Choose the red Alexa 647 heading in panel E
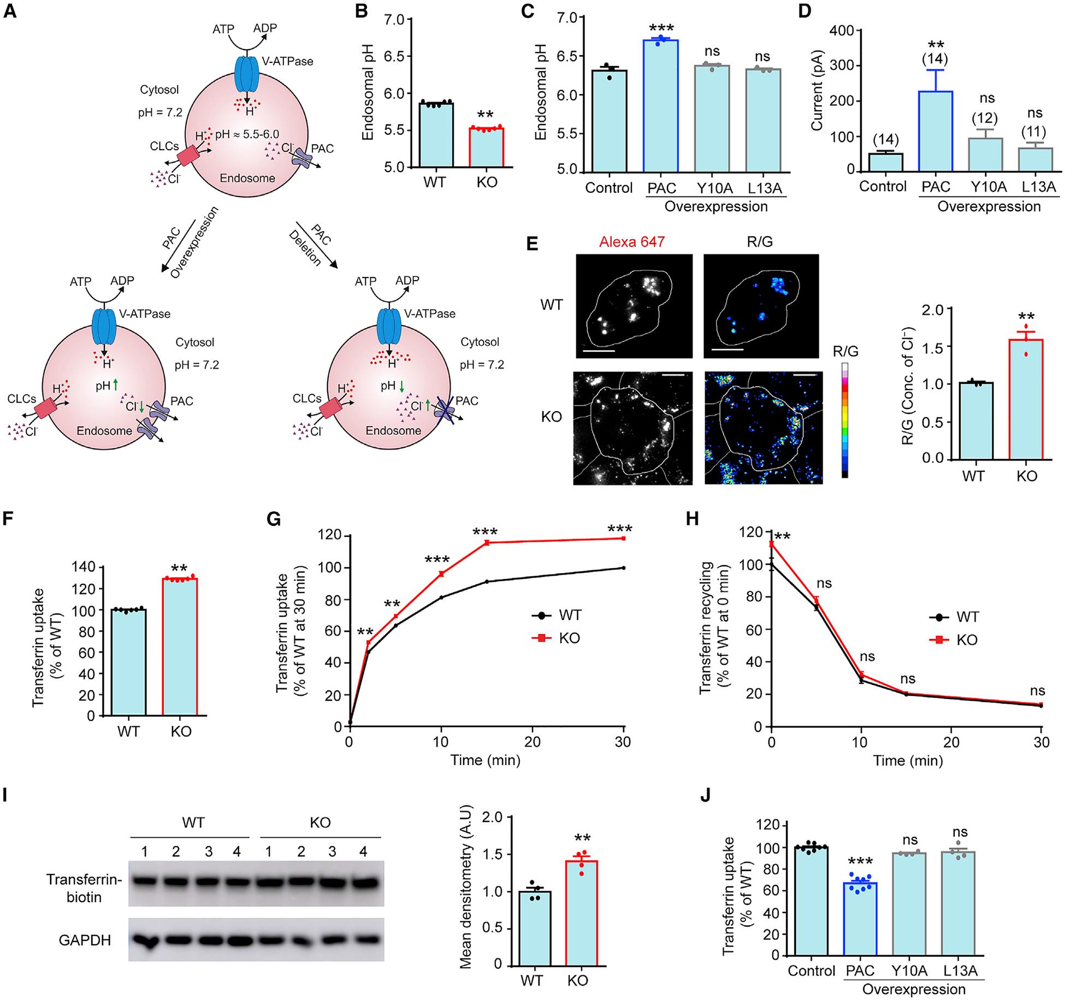(x=631, y=242)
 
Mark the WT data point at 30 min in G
(x=623, y=568)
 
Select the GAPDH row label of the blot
(x=85, y=940)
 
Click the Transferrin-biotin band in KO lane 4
(x=363, y=881)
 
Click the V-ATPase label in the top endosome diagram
(x=287, y=61)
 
